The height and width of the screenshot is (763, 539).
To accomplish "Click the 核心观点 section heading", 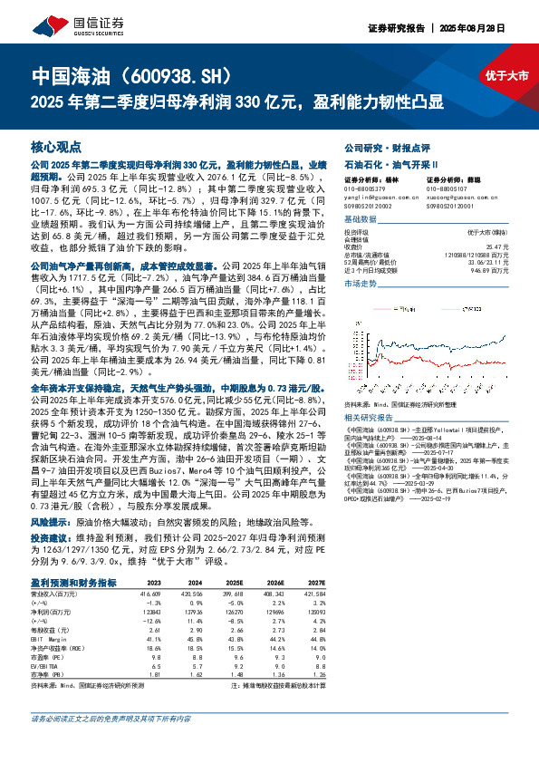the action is (56, 146).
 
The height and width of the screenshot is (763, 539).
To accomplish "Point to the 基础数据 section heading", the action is (360, 220).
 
